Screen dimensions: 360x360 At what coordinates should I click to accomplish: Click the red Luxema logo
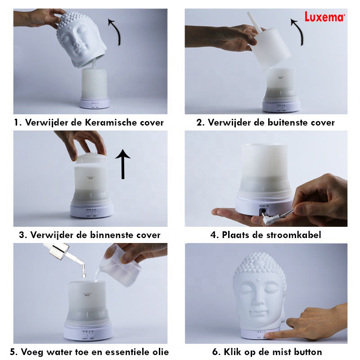click(x=324, y=17)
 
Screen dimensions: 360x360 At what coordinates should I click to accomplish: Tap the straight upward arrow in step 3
click(x=123, y=164)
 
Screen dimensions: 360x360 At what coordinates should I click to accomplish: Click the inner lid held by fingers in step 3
click(x=91, y=158)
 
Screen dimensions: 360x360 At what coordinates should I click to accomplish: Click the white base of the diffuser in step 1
click(x=94, y=103)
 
